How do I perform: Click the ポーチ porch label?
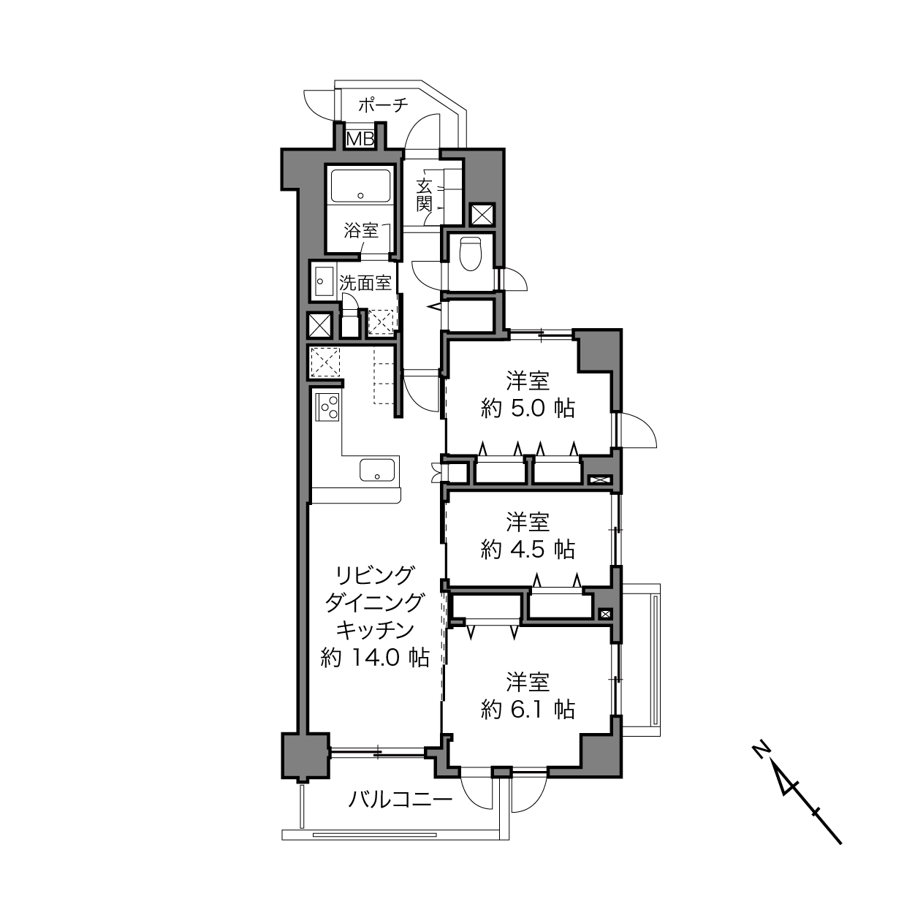point(383,105)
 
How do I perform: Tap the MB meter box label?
point(360,139)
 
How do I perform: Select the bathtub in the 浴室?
point(360,186)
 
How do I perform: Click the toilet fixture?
point(471,253)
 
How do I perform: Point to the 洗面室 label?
point(365,283)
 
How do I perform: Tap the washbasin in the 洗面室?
point(323,281)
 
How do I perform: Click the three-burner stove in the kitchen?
point(327,407)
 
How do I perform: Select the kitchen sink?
point(377,470)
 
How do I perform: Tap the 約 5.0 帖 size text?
point(528,409)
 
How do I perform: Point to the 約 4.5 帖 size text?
point(528,550)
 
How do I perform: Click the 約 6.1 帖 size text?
point(528,710)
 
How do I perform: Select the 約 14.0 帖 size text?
point(375,658)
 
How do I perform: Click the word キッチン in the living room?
point(375,630)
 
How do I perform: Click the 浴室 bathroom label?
point(361,231)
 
